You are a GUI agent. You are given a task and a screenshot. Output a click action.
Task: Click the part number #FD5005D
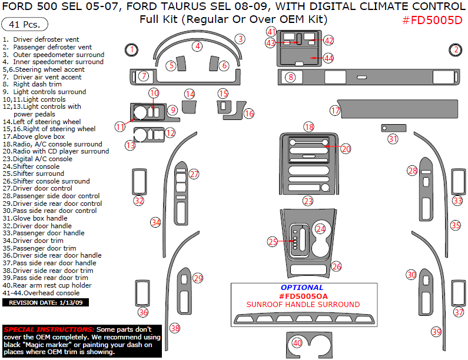(x=432, y=20)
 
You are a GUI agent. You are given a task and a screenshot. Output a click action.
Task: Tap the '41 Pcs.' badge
(x=25, y=25)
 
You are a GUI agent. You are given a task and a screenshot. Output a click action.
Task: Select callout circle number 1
(x=132, y=50)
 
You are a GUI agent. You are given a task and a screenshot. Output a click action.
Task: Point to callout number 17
(x=335, y=110)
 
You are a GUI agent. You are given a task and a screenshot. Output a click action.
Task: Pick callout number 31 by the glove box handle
(x=393, y=139)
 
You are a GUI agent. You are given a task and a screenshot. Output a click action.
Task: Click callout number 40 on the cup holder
(x=297, y=342)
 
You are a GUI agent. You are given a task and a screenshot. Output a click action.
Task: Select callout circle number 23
(x=308, y=201)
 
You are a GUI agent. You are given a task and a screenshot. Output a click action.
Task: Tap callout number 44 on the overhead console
(x=328, y=58)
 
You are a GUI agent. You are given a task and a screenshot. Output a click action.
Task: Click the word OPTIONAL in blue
(x=302, y=288)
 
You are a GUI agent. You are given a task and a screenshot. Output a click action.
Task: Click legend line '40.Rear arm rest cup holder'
(x=47, y=285)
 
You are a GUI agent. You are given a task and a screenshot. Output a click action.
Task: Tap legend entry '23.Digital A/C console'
(x=38, y=159)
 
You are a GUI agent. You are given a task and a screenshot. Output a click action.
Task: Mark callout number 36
(x=143, y=312)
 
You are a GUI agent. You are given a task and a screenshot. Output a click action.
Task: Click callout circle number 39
(x=436, y=332)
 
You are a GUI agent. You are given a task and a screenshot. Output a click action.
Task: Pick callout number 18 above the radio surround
(x=308, y=126)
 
